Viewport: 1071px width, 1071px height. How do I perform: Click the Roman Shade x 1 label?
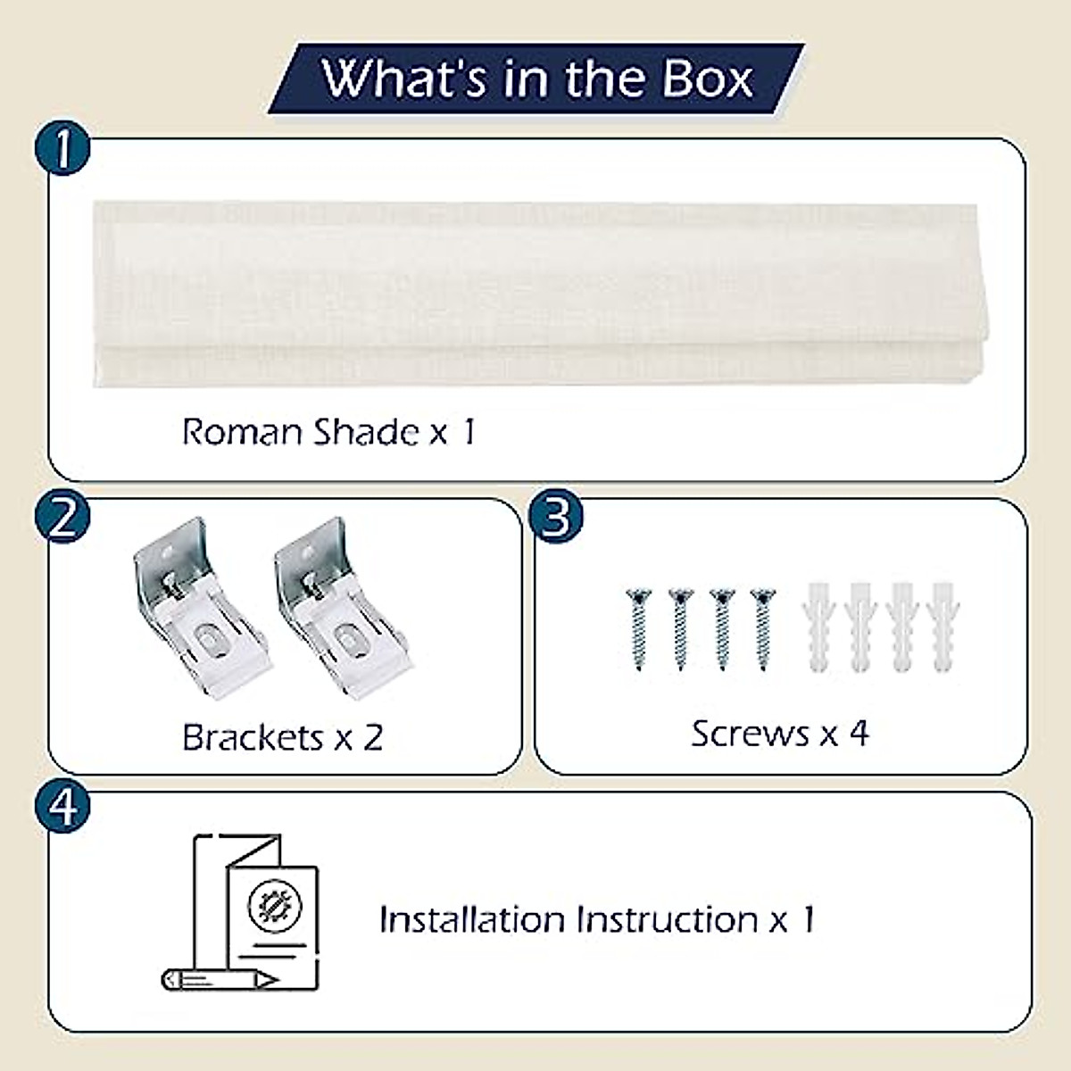[328, 432]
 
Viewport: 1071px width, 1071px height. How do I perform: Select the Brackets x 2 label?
[282, 737]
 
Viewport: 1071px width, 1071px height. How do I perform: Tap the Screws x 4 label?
[779, 734]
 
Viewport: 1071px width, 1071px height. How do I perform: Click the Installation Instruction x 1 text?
[596, 919]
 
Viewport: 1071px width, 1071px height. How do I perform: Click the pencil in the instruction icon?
[219, 979]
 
